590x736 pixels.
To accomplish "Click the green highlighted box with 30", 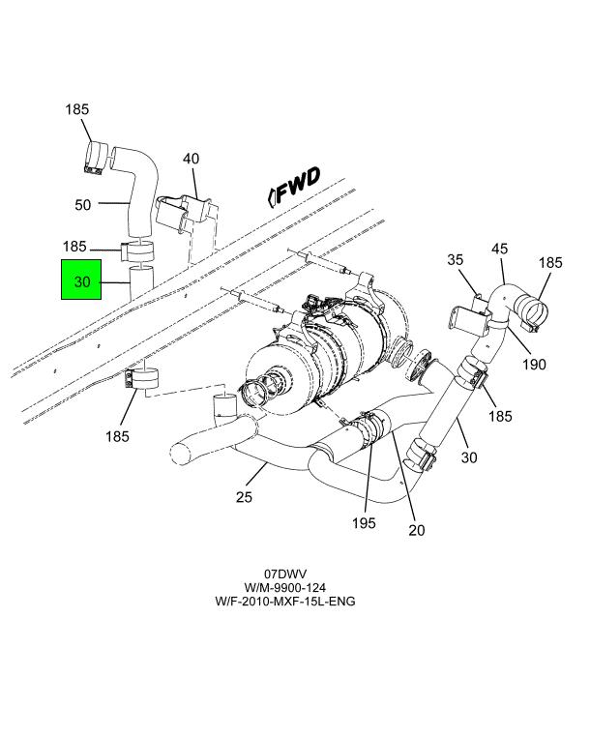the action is click(x=81, y=280).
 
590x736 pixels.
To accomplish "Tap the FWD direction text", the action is click(x=299, y=185).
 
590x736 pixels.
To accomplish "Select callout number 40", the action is click(x=192, y=159).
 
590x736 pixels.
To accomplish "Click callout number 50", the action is click(x=83, y=205).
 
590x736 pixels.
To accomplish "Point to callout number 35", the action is click(x=456, y=259).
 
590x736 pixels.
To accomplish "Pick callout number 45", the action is click(x=499, y=249).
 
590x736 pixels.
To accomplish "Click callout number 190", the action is click(x=534, y=365).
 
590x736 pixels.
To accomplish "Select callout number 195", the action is click(x=365, y=523).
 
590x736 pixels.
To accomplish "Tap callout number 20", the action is click(x=417, y=530).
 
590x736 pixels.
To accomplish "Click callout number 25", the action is click(x=244, y=496).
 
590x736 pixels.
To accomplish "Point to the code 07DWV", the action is click(x=285, y=574).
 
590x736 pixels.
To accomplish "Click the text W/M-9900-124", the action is click(x=285, y=587).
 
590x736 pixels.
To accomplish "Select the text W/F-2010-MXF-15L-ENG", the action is click(x=285, y=601).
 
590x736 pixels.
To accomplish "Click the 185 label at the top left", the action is click(x=77, y=109).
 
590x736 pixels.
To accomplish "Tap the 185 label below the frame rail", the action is click(x=117, y=436).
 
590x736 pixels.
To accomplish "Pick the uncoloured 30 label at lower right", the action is click(x=469, y=457).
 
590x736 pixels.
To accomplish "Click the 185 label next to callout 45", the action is click(x=550, y=263).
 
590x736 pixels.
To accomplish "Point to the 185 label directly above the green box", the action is click(x=74, y=247).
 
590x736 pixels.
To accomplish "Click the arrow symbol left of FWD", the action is click(x=271, y=197).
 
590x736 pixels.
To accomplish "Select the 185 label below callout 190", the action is click(x=500, y=416).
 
